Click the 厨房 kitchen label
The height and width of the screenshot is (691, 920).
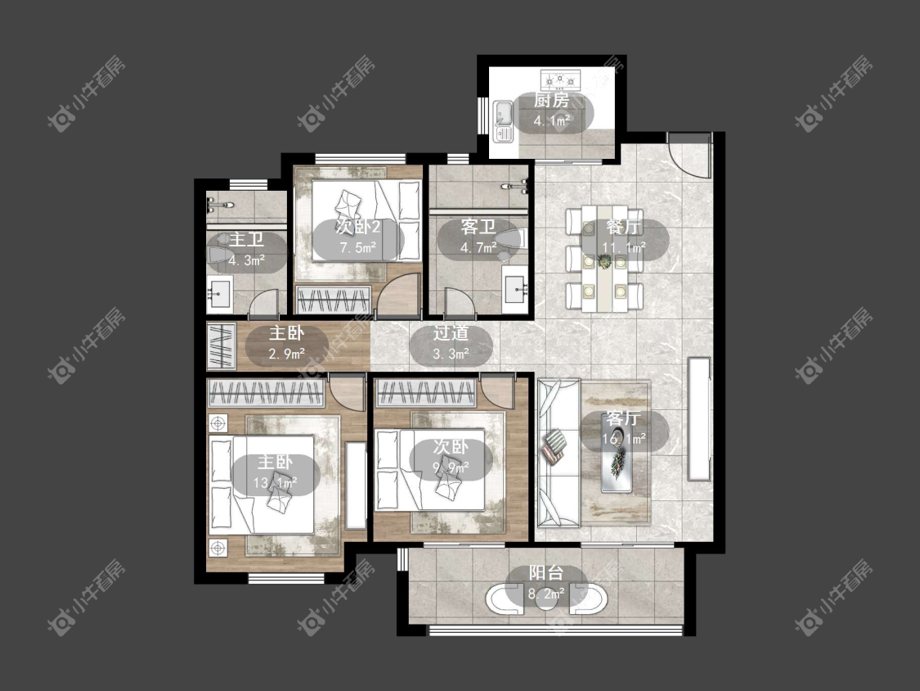point(551,101)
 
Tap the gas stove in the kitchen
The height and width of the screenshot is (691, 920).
point(560,78)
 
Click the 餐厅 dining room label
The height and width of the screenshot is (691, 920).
point(624,227)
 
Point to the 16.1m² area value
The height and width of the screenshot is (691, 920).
point(624,438)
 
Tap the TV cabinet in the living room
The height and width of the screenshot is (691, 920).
point(699,419)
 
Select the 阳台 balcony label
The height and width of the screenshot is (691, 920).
point(546,573)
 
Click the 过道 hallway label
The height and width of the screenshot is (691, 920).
point(451,333)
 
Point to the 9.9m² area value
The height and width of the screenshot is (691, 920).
point(451,467)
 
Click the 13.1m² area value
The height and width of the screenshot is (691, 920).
point(275,483)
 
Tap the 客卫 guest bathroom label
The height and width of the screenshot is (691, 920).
point(478,227)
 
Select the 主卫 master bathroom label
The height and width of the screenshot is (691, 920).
point(246,239)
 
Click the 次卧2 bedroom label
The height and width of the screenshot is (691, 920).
point(358,227)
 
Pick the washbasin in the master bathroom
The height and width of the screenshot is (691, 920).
point(220,292)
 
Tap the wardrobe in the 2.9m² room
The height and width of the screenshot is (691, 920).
point(221,346)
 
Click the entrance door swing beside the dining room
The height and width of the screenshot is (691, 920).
point(690,155)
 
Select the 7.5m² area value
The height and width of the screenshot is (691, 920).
point(358,247)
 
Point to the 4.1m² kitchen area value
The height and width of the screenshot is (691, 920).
point(551,121)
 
